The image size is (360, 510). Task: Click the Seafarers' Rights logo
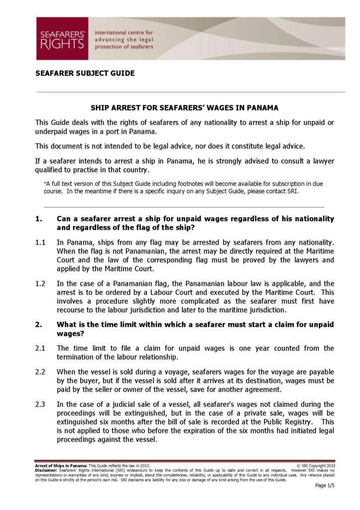(x=62, y=38)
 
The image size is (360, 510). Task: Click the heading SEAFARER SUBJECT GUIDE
(x=85, y=73)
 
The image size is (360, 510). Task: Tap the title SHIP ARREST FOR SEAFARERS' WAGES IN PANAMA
(x=184, y=108)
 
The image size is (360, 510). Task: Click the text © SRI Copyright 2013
(x=315, y=465)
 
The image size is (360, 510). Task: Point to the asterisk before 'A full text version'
(x=46, y=184)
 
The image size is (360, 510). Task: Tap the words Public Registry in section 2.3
(x=282, y=422)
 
